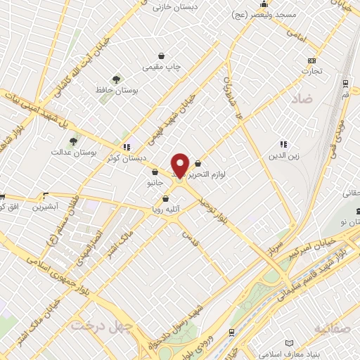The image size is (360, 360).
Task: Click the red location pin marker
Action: pos(181,165)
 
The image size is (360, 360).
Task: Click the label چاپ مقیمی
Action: pos(162,67)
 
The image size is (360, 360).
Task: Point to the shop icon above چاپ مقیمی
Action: pos(162,56)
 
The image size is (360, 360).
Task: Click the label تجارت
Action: pos(312,72)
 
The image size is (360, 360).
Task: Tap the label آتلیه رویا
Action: pos(166,209)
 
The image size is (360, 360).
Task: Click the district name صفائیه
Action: pos(333,328)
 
